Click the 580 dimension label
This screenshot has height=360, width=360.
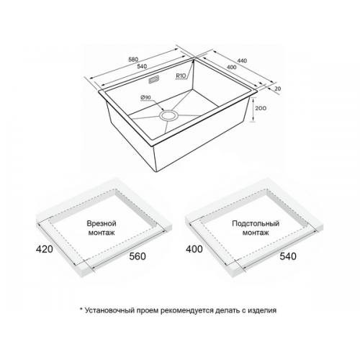click(133, 59)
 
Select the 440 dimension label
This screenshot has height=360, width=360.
click(242, 60)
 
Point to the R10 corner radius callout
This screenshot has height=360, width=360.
click(181, 76)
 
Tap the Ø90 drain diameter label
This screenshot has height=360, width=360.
click(145, 97)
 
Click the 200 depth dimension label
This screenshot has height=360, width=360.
click(261, 108)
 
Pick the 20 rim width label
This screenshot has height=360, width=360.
click(277, 89)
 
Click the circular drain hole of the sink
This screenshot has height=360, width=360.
click(169, 116)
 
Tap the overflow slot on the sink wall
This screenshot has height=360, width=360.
click(154, 80)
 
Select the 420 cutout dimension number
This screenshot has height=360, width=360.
click(45, 249)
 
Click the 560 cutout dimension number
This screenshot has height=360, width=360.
click(138, 256)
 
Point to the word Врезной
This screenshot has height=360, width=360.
click(102, 224)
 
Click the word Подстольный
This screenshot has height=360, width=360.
click(256, 224)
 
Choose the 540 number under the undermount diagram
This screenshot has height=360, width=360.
click(288, 256)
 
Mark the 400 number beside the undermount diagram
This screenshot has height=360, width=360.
click(194, 249)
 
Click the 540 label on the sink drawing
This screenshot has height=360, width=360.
click(142, 66)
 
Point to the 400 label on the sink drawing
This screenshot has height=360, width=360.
click(232, 67)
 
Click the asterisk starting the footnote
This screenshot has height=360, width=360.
click(81, 309)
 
